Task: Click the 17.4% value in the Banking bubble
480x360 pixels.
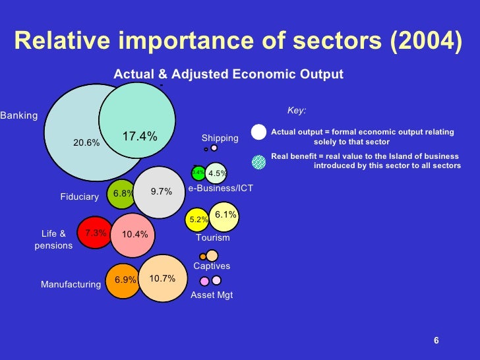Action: [140, 136]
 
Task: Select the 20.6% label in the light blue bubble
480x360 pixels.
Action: [86, 142]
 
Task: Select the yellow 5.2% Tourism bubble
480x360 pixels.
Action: [198, 220]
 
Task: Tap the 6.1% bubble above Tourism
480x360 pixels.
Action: [224, 215]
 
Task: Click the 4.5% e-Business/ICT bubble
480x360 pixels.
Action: [216, 173]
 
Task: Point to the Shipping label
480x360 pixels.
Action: [220, 138]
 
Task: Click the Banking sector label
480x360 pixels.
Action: [19, 116]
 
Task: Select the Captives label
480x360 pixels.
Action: [212, 266]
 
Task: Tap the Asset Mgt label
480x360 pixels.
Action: [212, 295]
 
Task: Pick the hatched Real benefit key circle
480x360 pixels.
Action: [259, 161]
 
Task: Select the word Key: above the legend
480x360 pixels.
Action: [297, 111]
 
